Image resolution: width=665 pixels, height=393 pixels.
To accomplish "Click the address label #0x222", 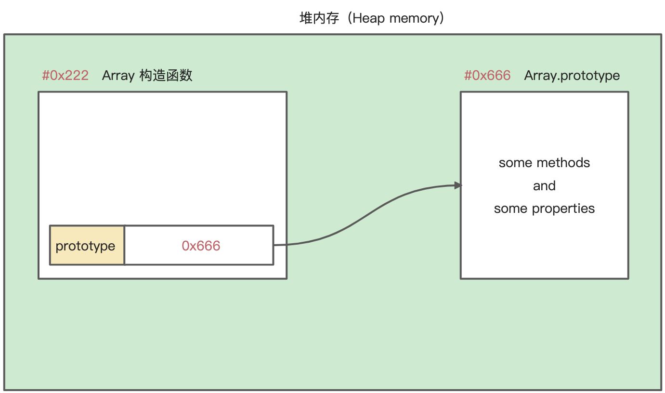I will pyautogui.click(x=65, y=76).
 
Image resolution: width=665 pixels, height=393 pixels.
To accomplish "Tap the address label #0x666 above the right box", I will pyautogui.click(x=487, y=76).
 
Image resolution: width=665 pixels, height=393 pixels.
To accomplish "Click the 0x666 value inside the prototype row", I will pyautogui.click(x=201, y=246).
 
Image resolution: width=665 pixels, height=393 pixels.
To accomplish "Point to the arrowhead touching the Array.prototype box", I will pyautogui.click(x=458, y=185).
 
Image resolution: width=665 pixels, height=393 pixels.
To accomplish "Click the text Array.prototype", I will pyautogui.click(x=572, y=76).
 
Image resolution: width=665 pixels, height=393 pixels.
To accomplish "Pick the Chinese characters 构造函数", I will pyautogui.click(x=166, y=76).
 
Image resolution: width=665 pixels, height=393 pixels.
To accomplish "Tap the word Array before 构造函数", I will pyautogui.click(x=118, y=76).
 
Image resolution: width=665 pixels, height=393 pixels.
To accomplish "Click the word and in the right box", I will pyautogui.click(x=544, y=186).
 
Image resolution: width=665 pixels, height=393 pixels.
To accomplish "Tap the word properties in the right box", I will pyautogui.click(x=563, y=209).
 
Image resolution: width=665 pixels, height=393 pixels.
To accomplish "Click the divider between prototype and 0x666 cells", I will pyautogui.click(x=124, y=245).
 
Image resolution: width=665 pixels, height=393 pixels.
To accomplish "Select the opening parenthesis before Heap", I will pyautogui.click(x=349, y=18).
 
